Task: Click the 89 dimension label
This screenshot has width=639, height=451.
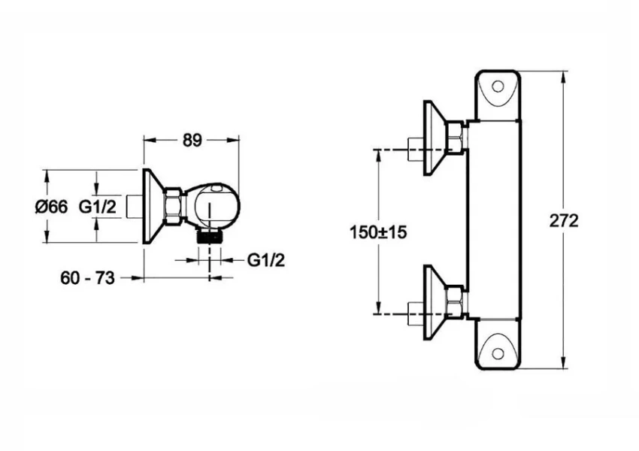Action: pyautogui.click(x=192, y=140)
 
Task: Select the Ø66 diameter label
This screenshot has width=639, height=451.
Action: pyautogui.click(x=50, y=207)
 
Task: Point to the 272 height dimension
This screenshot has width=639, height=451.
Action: pyautogui.click(x=564, y=220)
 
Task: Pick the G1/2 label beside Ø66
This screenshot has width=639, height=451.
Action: pyautogui.click(x=98, y=207)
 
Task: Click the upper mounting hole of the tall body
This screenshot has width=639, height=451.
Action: pyautogui.click(x=498, y=86)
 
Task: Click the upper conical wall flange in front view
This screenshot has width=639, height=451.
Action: pyautogui.click(x=432, y=138)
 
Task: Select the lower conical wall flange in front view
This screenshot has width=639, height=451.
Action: pyautogui.click(x=432, y=302)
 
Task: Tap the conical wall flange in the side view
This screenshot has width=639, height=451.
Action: pyautogui.click(x=153, y=206)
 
